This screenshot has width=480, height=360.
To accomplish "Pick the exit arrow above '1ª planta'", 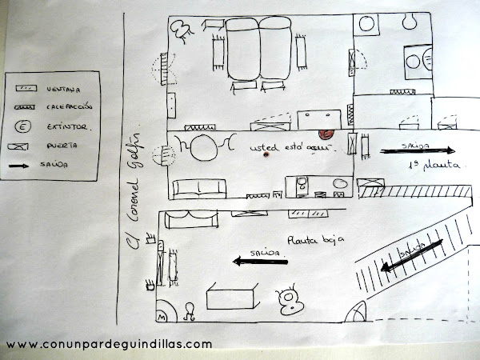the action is point(417,150).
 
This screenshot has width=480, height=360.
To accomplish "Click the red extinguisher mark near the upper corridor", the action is point(326,134).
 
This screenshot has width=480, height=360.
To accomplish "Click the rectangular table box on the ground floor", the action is point(231,297).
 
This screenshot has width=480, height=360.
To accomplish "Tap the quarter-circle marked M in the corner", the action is point(163,312).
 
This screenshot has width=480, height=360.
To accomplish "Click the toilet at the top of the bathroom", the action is point(370,22).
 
